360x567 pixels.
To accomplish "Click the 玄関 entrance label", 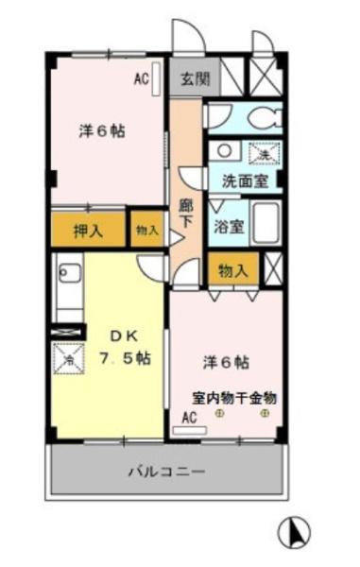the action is point(196,78).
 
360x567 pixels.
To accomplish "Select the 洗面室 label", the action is point(245,180).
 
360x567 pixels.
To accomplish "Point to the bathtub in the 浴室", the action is point(266,223).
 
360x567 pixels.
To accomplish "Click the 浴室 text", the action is point(230,227).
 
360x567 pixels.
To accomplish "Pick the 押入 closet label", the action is point(89,231).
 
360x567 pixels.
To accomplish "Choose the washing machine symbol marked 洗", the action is point(265,153).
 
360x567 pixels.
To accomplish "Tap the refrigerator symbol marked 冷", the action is point(69,358).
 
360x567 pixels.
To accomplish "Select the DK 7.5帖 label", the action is point(125,347).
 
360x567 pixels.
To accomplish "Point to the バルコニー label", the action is point(167,472).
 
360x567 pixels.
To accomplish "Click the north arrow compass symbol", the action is point(294,532).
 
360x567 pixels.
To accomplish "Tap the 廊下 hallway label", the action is point(186,214).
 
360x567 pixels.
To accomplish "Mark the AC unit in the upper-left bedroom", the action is point(156,79).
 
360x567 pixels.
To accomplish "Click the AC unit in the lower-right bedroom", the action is point(189,430).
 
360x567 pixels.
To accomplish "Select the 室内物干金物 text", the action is point(234,399).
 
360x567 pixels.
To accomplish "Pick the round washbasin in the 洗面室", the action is point(224,150).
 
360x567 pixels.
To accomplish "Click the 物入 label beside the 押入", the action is point(147,231).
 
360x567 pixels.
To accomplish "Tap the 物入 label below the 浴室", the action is point(233,270).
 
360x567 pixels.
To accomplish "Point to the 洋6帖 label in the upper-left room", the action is point(102,131).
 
